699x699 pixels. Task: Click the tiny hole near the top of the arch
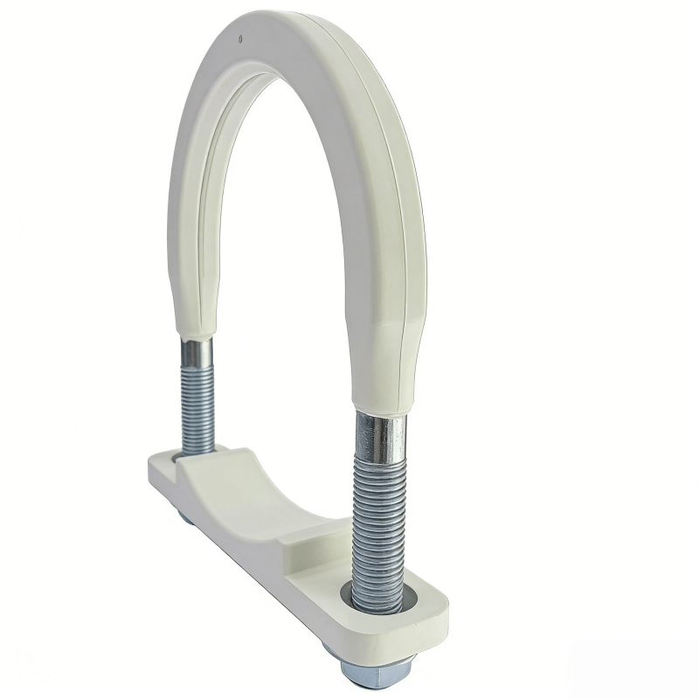pyautogui.click(x=240, y=38)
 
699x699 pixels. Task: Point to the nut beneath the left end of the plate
pyautogui.click(x=186, y=517)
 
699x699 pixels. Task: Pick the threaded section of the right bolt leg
pyautogui.click(x=377, y=524)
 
